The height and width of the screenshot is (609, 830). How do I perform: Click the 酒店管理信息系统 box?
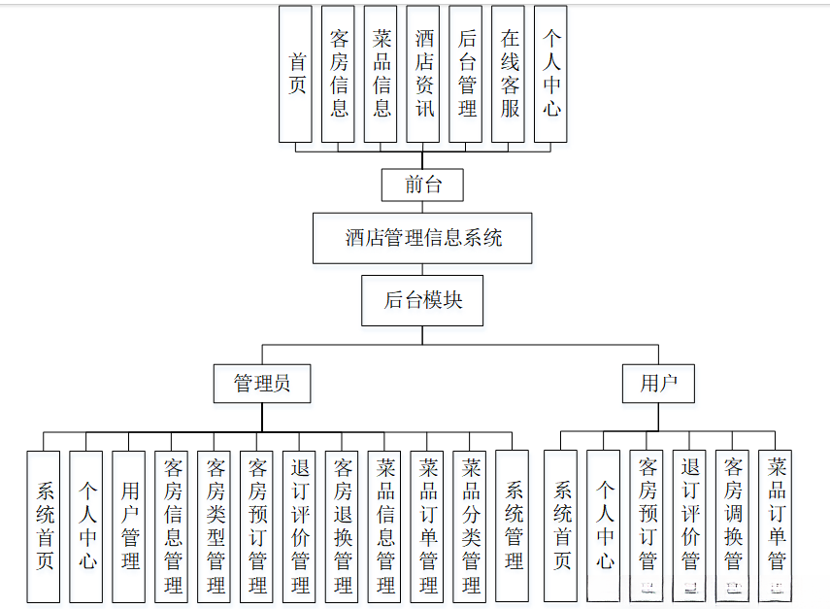point(422,238)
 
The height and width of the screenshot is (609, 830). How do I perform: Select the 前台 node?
point(422,185)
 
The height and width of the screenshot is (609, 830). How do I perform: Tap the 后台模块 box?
point(422,300)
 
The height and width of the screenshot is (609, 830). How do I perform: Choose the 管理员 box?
point(262,384)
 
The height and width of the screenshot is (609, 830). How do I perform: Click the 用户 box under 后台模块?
point(659,384)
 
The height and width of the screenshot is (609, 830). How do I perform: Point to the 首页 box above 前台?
point(296,74)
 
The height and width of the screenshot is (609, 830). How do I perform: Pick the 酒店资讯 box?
point(424,74)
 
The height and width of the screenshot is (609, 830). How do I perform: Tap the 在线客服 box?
point(510,74)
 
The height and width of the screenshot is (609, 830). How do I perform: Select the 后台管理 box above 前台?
point(467,74)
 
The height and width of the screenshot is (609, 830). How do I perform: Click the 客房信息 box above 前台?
point(339,74)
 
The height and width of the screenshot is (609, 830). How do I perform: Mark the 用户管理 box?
point(129,525)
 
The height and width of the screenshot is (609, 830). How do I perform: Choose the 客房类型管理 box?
point(215,525)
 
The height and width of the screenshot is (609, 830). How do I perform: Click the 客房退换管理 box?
point(343,525)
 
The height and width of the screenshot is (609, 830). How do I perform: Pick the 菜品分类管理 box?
point(471,525)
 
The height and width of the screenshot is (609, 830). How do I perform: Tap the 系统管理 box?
point(513,525)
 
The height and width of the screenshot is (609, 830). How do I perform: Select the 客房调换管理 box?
point(733,525)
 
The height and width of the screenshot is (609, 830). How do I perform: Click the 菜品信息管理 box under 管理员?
point(385,525)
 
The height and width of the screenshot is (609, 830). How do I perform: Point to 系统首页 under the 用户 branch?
point(561,525)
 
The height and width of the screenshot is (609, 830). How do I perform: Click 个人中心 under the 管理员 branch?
point(86,525)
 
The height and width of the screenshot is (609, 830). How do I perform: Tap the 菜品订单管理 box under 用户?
point(776,525)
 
